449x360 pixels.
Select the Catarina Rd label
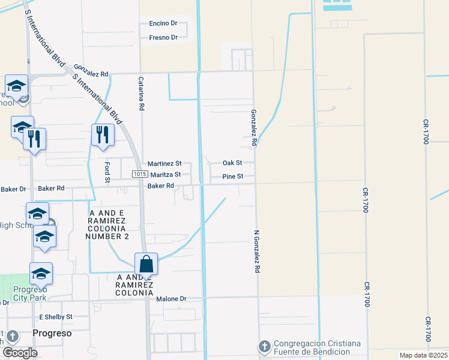(142, 94)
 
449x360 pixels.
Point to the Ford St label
(107, 172)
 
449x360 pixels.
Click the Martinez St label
(164, 163)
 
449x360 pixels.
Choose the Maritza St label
(165, 175)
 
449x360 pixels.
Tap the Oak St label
(232, 163)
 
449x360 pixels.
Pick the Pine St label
(232, 176)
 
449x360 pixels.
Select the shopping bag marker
(146, 263)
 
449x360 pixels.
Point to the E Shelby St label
(55, 316)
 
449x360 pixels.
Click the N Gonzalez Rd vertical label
(256, 251)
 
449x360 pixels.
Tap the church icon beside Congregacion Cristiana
(264, 346)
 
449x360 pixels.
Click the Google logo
(19, 352)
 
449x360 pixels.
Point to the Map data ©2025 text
(423, 355)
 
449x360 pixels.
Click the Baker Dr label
(13, 189)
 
